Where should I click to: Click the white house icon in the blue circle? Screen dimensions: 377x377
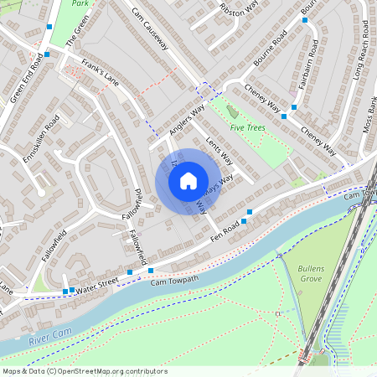[188, 180]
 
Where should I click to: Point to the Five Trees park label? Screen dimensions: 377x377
[249, 127]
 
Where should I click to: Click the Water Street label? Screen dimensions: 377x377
[97, 285]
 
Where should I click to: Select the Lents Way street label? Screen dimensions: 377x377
[217, 149]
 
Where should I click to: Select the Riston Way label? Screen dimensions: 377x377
[238, 9]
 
